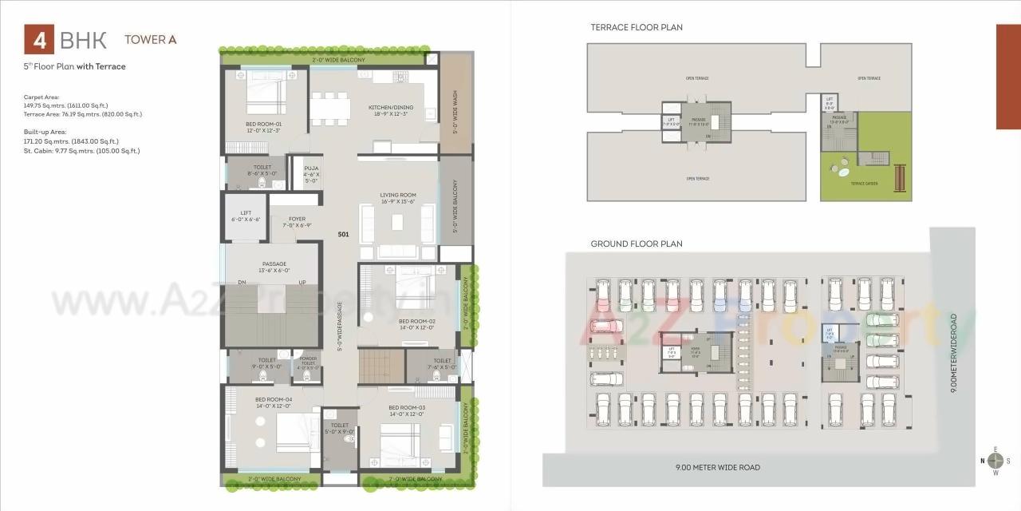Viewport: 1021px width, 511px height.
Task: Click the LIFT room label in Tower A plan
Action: [246, 213]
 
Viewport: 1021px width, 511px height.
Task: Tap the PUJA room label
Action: [311, 168]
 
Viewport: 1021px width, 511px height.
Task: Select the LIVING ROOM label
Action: [397, 195]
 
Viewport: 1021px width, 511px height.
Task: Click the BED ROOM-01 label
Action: [263, 125]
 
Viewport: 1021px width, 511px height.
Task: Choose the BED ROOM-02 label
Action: [416, 321]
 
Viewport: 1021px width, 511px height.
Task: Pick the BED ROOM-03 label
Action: [407, 408]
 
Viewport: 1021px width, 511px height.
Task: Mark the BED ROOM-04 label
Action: [274, 399]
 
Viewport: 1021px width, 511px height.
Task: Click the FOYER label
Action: [297, 219]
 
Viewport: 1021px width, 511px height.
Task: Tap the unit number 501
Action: [344, 235]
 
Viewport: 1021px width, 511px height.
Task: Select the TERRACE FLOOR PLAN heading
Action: [636, 27]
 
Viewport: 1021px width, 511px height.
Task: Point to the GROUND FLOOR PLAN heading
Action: [636, 244]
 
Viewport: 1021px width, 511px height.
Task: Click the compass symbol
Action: [995, 461]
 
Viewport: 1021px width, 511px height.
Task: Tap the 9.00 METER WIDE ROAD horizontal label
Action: [717, 467]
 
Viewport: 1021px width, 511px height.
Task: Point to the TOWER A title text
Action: [145, 40]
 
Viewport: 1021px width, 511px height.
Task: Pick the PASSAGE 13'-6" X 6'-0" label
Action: [274, 264]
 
